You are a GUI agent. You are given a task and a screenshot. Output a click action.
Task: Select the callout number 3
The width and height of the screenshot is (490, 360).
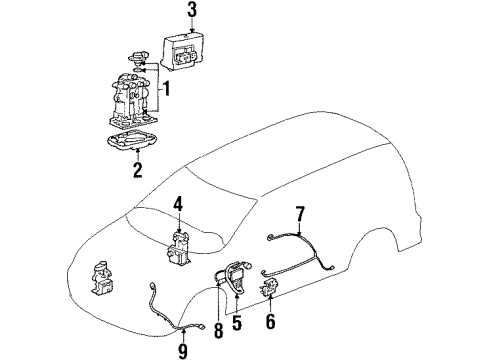point(193,11)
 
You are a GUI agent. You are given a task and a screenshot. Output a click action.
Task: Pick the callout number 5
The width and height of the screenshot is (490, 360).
point(237,324)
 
